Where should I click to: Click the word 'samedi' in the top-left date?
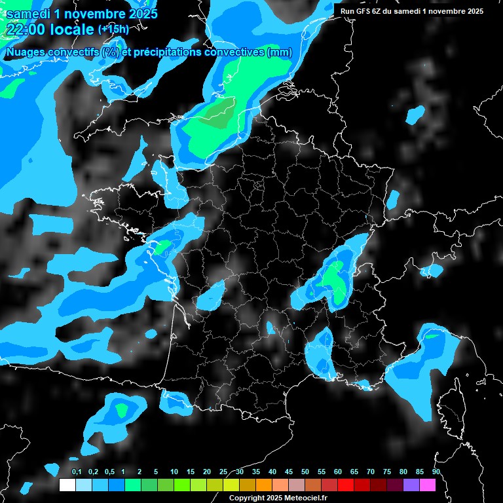(28, 14)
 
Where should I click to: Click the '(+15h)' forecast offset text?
(113, 29)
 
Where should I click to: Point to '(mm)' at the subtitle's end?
(280, 52)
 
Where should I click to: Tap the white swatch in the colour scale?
(67, 485)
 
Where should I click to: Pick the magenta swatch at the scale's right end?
(427, 485)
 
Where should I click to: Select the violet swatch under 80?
(411, 485)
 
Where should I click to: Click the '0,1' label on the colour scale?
(76, 472)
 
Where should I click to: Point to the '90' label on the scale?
(436, 472)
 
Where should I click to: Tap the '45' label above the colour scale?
(288, 472)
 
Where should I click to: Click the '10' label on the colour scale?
(174, 472)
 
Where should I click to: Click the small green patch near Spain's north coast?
(121, 411)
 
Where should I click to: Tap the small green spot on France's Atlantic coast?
(162, 246)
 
